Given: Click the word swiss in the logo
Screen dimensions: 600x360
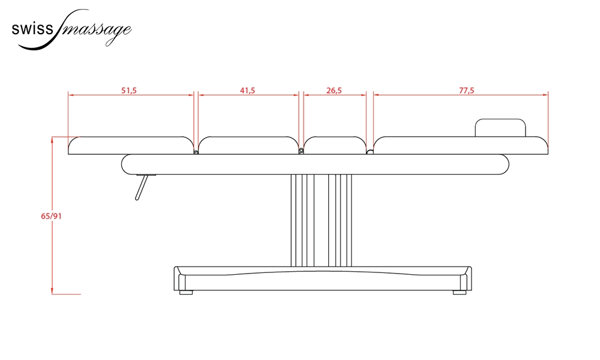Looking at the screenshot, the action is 32,29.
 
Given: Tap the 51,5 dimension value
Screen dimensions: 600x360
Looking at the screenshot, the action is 129,91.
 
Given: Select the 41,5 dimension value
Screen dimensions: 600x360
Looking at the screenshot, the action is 248,91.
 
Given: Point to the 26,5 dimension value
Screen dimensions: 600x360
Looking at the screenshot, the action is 334,91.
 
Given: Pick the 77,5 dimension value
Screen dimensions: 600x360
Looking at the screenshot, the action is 466,91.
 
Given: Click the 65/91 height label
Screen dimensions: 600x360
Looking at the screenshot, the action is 51,216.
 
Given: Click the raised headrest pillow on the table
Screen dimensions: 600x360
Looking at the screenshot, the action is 500,128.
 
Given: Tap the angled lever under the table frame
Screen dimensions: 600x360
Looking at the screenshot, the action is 141,187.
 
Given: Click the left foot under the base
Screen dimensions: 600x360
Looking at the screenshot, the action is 187,292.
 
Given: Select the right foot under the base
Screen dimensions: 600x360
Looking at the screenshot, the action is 460,292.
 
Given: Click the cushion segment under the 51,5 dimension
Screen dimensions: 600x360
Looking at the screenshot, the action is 131,145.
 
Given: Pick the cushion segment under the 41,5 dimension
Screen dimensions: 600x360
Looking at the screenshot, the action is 248,145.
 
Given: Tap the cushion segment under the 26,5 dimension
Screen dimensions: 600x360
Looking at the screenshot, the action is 335,145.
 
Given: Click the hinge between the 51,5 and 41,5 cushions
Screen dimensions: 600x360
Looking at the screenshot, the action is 196,152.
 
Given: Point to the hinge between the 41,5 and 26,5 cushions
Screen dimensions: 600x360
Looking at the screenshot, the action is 301,151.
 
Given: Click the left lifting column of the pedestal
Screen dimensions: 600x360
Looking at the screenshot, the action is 302,220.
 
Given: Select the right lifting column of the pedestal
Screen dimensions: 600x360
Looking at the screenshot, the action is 340,220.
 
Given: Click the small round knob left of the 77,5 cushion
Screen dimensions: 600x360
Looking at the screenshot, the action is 370,152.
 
